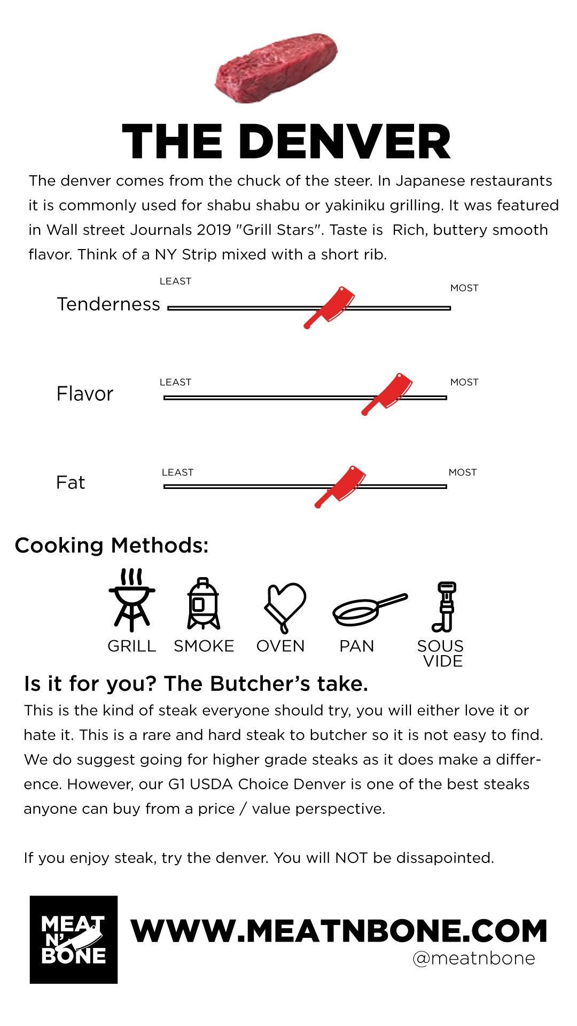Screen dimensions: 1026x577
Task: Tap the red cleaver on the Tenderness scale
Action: [x=329, y=307]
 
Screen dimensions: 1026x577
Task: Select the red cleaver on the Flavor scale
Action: [x=387, y=394]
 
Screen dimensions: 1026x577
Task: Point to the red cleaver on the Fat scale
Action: [x=340, y=486]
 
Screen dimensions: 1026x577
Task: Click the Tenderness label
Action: [x=108, y=304]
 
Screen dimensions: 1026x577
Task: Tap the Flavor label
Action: [x=85, y=394]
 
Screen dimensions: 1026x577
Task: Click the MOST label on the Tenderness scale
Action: [x=464, y=288]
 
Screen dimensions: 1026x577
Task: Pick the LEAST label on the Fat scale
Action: [x=177, y=472]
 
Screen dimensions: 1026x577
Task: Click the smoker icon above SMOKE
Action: [x=204, y=604]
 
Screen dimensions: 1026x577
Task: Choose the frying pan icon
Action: [x=369, y=610]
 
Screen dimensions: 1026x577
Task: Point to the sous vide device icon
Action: [x=443, y=607]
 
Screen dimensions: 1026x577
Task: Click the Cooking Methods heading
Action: [x=111, y=546]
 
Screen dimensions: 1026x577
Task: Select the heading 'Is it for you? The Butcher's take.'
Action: [x=196, y=683]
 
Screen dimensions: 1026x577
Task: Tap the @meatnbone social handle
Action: [x=473, y=958]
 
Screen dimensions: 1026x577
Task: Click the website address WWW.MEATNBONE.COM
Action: [x=339, y=931]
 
